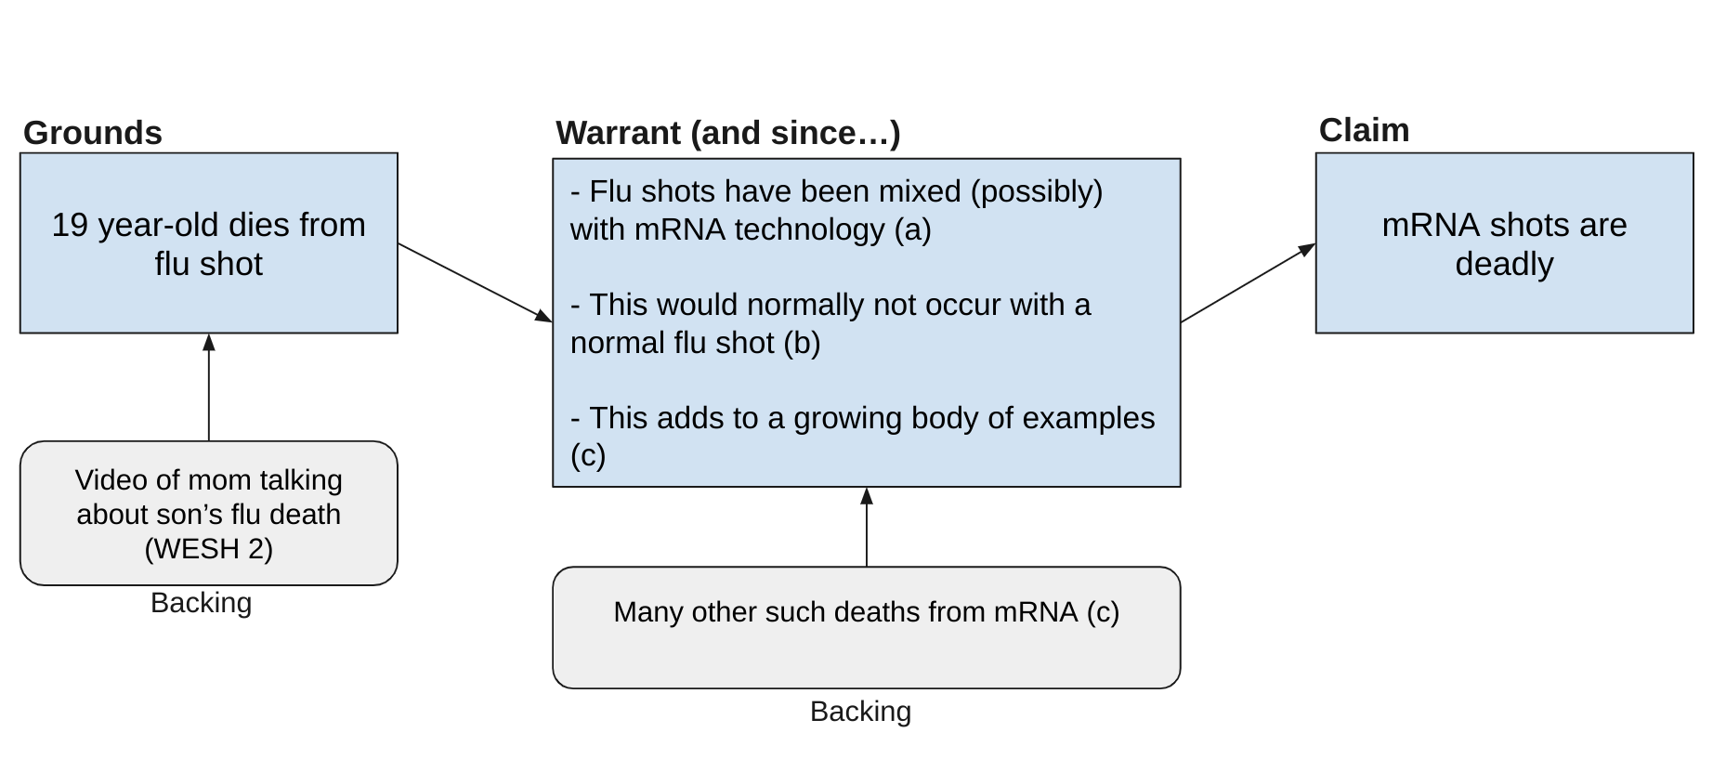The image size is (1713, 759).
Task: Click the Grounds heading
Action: click(x=92, y=133)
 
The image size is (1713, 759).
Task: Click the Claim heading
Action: click(x=1363, y=130)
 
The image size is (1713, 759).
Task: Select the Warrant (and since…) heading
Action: click(x=727, y=133)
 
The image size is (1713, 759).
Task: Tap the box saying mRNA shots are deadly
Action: click(x=1503, y=243)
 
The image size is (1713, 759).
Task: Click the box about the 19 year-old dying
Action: click(x=208, y=243)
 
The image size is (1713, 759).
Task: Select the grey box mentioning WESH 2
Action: click(x=208, y=513)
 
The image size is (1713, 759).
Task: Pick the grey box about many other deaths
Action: click(x=866, y=628)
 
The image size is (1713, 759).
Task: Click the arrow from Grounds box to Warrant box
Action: click(x=475, y=282)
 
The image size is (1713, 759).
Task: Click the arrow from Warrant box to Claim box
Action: click(x=1248, y=283)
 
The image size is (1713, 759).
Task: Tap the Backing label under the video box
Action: click(x=201, y=603)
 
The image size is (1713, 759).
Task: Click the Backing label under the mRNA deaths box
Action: click(x=860, y=712)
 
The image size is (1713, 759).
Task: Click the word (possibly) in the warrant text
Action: click(x=1036, y=191)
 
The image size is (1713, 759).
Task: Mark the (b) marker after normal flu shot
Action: click(x=802, y=343)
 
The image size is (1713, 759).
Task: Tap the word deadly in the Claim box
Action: click(x=1503, y=264)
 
